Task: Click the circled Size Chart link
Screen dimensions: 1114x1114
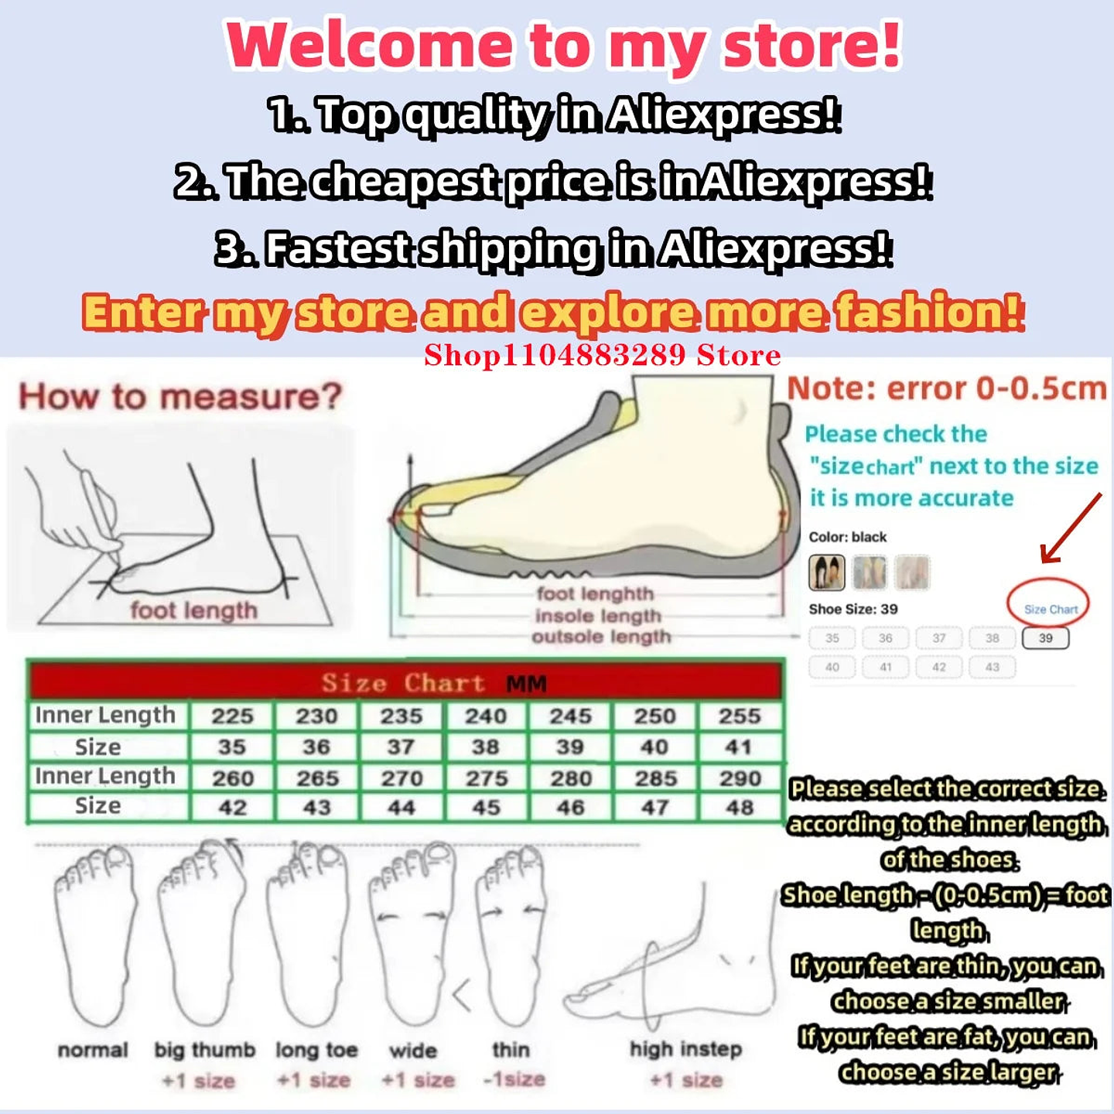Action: pyautogui.click(x=1050, y=609)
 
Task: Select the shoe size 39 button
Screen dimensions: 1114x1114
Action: pyautogui.click(x=1045, y=638)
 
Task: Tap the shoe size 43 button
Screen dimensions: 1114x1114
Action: pyautogui.click(x=992, y=667)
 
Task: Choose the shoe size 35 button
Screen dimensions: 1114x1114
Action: pyautogui.click(x=832, y=638)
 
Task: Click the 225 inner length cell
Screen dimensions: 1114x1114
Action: pyautogui.click(x=232, y=716)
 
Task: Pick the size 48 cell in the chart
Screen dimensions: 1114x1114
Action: pyautogui.click(x=740, y=808)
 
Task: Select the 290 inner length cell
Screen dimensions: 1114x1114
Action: pyautogui.click(x=740, y=778)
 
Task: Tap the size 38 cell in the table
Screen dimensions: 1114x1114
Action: pyautogui.click(x=485, y=747)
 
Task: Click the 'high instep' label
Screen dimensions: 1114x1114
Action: pyautogui.click(x=685, y=1049)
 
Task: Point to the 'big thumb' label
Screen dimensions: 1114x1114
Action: pyautogui.click(x=204, y=1050)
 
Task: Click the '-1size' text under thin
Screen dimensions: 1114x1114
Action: pyautogui.click(x=514, y=1079)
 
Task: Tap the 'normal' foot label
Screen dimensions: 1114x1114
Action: pyautogui.click(x=93, y=1050)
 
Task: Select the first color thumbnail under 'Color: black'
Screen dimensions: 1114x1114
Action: pyautogui.click(x=826, y=572)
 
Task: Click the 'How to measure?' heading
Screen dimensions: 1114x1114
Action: pyautogui.click(x=180, y=397)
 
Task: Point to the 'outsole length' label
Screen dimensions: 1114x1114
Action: pyautogui.click(x=601, y=637)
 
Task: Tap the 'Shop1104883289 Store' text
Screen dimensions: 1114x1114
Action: pyautogui.click(x=602, y=355)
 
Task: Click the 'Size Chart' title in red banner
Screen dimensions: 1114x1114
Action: pyautogui.click(x=403, y=683)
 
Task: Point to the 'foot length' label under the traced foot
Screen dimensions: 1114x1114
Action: pyautogui.click(x=193, y=610)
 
